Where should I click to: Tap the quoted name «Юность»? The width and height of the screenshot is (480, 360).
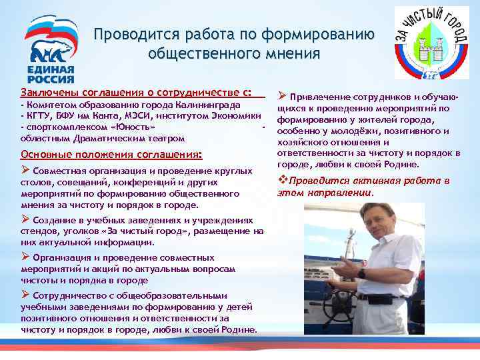tap(136, 127)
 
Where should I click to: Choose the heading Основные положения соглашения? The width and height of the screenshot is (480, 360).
tap(111, 155)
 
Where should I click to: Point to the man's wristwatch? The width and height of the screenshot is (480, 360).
tap(360, 273)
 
